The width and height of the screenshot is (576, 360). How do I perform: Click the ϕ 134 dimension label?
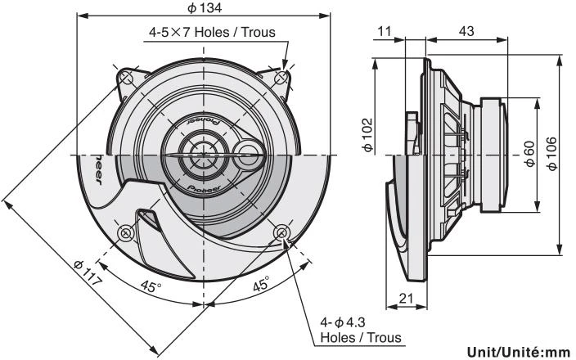205,8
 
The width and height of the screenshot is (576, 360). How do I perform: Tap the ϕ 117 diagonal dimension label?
87,273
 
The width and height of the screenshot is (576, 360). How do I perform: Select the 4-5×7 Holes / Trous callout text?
212,33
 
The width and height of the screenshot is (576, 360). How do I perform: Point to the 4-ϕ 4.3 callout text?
343,322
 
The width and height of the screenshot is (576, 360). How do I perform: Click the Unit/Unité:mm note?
519,352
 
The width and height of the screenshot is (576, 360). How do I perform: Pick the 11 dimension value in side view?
385,32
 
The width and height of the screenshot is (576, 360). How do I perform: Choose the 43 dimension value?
466,32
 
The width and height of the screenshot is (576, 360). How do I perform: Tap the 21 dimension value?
406,299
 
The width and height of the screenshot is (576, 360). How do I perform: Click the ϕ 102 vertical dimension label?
367,134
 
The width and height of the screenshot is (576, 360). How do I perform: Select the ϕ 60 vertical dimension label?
529,154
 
